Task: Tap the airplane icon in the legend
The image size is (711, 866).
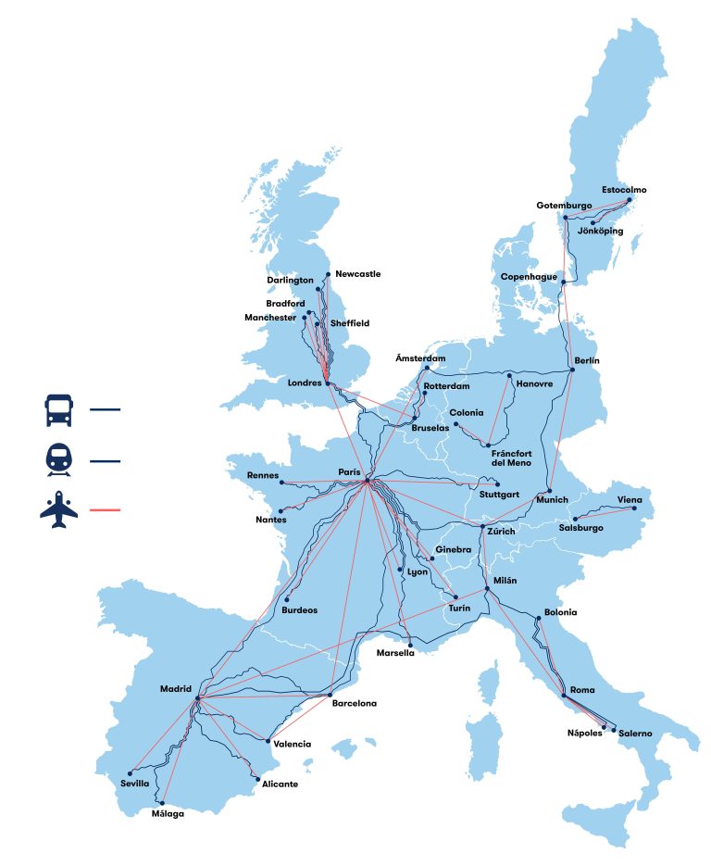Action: (58, 510)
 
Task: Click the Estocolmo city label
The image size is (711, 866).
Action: (624, 190)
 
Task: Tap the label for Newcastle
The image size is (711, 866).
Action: (358, 274)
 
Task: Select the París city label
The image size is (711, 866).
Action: (349, 472)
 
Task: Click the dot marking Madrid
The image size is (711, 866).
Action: (197, 697)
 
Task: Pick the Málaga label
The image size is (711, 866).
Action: (168, 814)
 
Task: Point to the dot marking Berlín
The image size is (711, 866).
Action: (573, 370)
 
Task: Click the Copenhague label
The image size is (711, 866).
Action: (530, 277)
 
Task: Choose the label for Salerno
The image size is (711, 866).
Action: (635, 734)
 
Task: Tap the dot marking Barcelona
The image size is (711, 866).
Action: (331, 695)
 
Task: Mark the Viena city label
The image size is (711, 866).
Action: (630, 500)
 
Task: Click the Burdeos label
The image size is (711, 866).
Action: (299, 610)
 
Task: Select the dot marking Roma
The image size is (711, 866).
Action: (564, 696)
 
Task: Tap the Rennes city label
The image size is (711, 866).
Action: (263, 475)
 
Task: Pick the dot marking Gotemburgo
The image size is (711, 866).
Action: (566, 218)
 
